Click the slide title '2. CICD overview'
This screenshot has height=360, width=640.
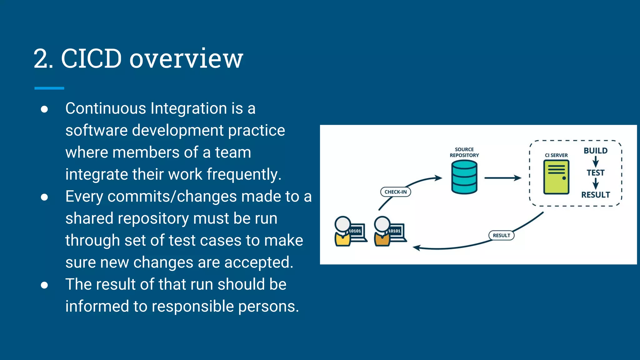point(138,58)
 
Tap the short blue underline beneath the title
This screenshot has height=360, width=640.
point(49,88)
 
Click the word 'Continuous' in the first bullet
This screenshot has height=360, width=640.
point(106,108)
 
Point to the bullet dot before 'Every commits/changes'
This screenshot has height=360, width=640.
point(44,197)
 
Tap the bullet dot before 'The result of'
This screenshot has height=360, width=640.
point(44,285)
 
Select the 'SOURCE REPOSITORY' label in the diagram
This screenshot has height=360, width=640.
point(464,152)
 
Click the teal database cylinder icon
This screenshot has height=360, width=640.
point(464,177)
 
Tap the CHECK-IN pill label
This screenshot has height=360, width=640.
point(395,192)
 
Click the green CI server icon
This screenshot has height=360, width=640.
point(556,177)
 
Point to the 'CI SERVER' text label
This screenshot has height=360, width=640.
point(556,155)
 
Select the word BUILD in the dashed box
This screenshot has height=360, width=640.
point(595,151)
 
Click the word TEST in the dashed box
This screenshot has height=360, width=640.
point(595,173)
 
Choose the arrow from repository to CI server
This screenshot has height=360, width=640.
point(502,178)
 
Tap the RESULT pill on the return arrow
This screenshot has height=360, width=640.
point(501,235)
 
